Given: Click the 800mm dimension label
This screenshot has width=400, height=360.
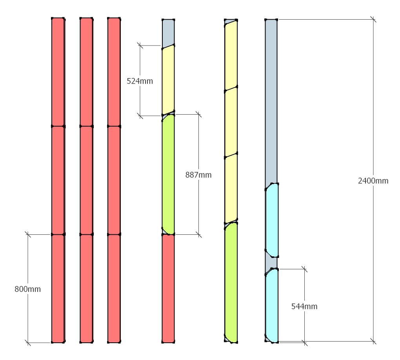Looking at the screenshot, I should (x=27, y=289).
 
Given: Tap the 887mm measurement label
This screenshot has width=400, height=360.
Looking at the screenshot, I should (x=198, y=175).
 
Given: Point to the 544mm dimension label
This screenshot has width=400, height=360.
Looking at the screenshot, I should (x=304, y=307).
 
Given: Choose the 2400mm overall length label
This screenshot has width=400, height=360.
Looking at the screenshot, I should (x=373, y=181).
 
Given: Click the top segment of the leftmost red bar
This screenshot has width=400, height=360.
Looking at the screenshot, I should (x=58, y=72).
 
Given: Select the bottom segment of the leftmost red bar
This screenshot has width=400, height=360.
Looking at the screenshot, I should (x=58, y=289).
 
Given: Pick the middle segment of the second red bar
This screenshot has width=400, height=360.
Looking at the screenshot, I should (x=86, y=181).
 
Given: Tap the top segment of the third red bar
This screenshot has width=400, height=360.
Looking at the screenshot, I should (x=114, y=72).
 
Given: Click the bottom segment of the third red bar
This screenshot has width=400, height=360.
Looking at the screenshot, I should (x=114, y=289).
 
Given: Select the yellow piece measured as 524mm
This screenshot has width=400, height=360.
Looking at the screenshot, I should (x=168, y=80).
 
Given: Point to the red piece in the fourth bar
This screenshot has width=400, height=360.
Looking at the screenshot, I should (x=168, y=289).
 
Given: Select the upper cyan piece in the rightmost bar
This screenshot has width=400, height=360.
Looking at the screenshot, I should (x=272, y=220).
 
